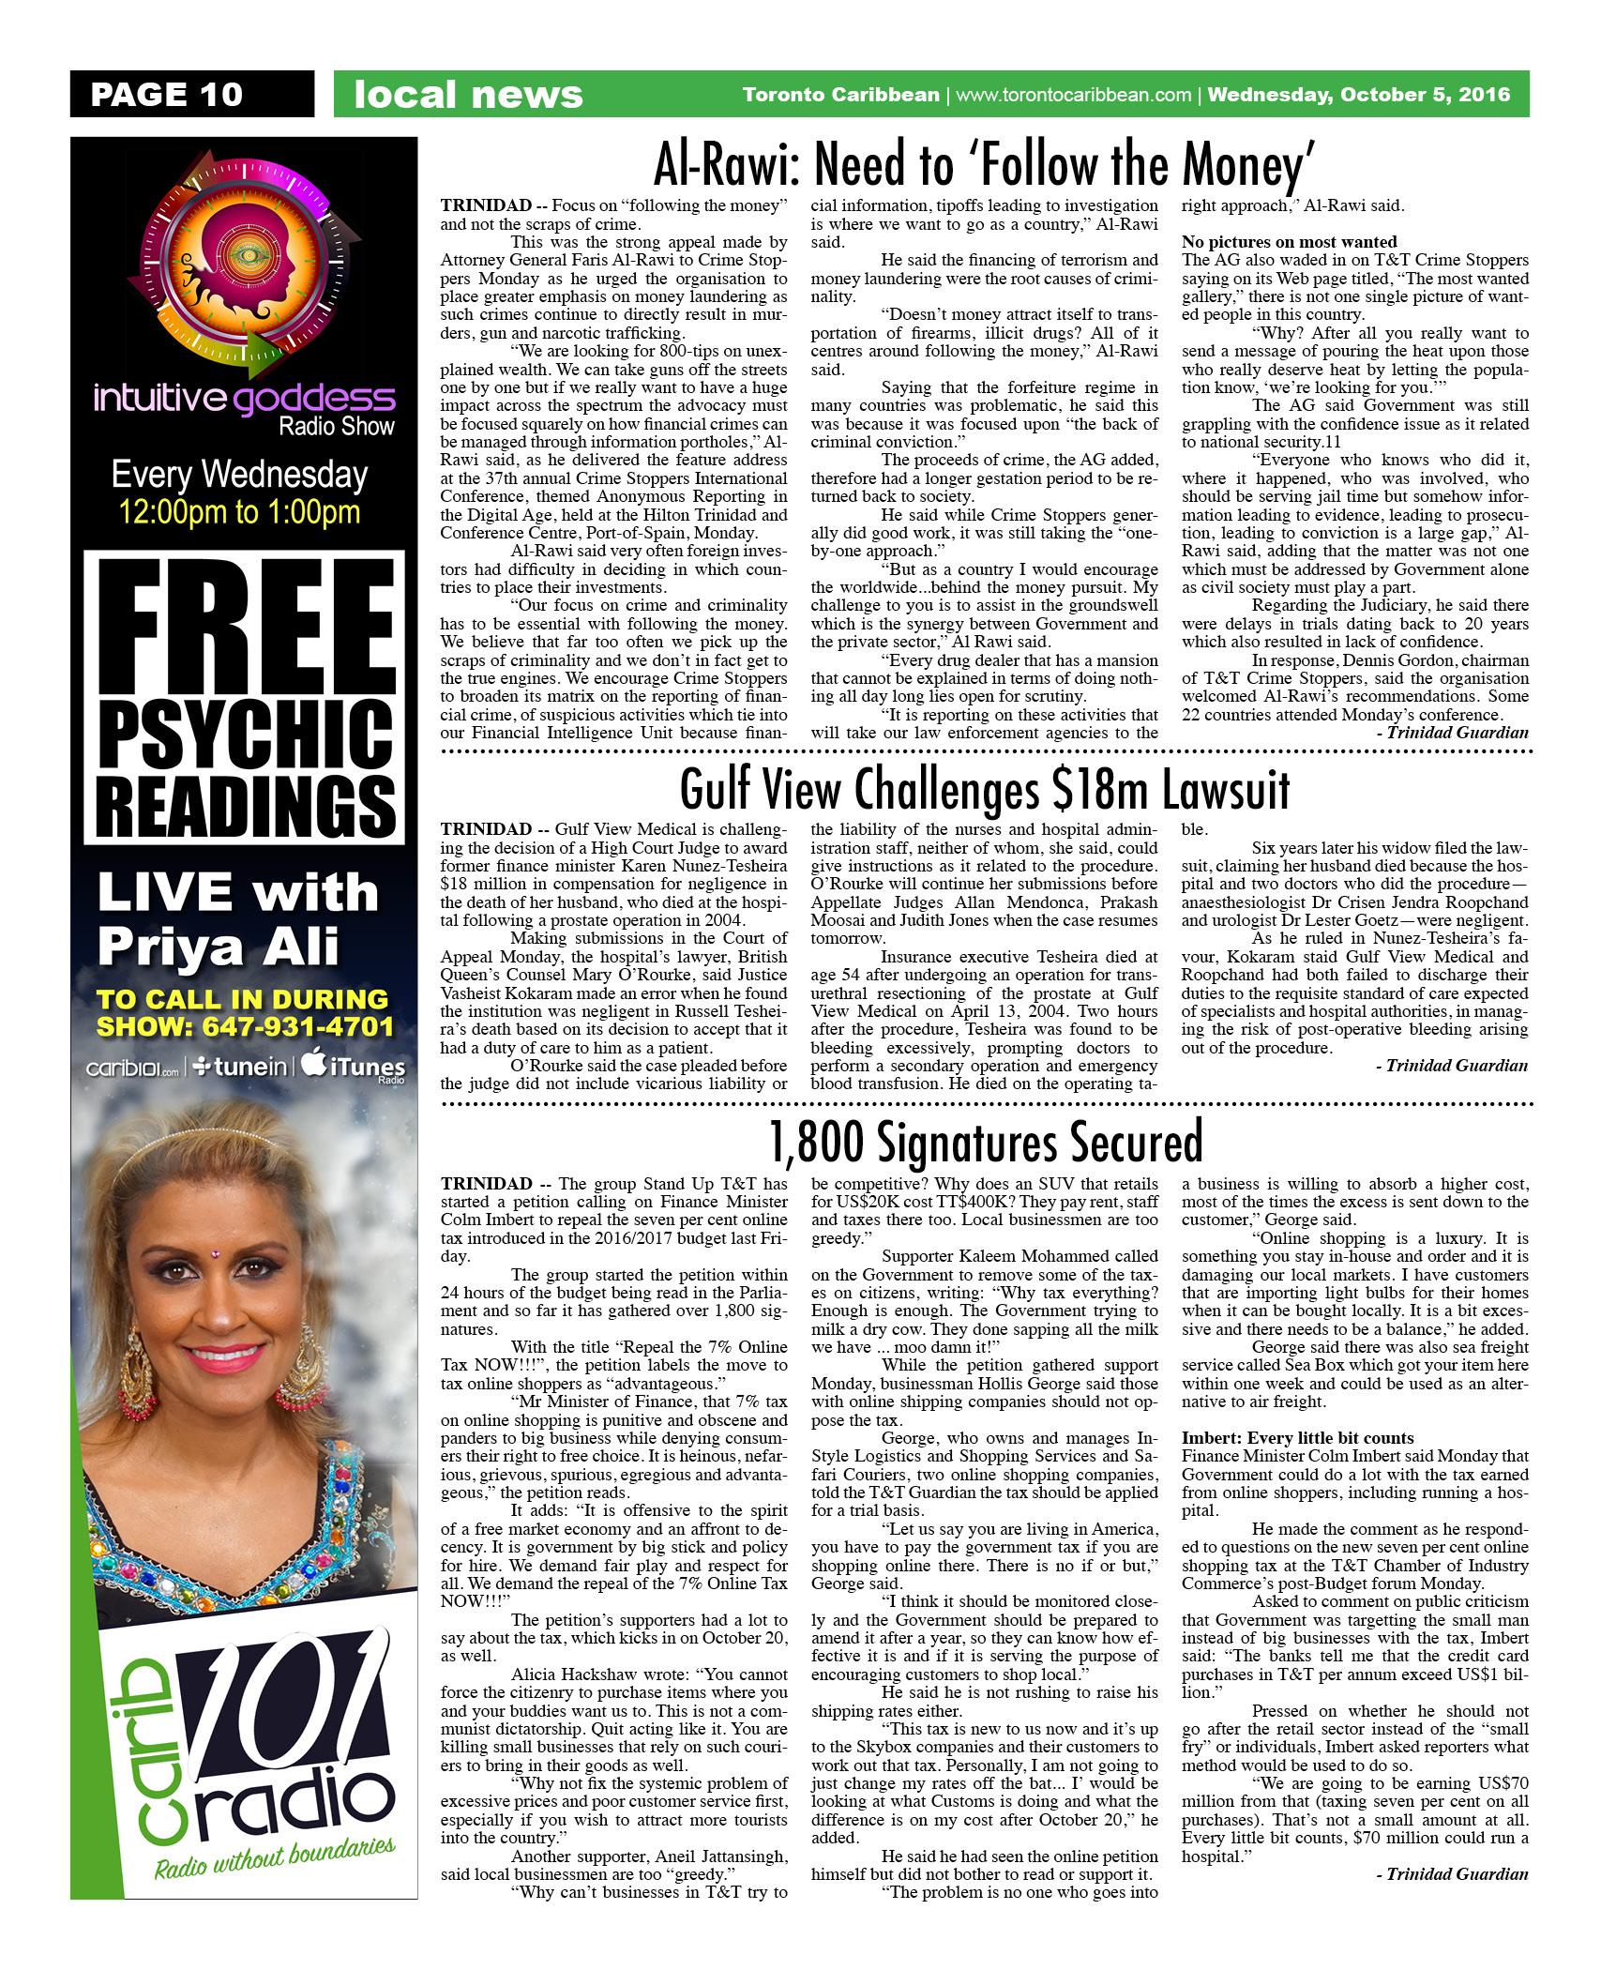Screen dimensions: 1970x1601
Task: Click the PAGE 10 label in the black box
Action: point(166,94)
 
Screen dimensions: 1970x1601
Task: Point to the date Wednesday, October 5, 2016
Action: point(1359,95)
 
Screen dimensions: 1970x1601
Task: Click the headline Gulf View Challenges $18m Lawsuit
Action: point(985,790)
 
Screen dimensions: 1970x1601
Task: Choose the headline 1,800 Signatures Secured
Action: point(985,1143)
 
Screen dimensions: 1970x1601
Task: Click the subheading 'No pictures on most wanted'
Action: point(1290,242)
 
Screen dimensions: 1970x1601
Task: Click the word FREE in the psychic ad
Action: point(243,624)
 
